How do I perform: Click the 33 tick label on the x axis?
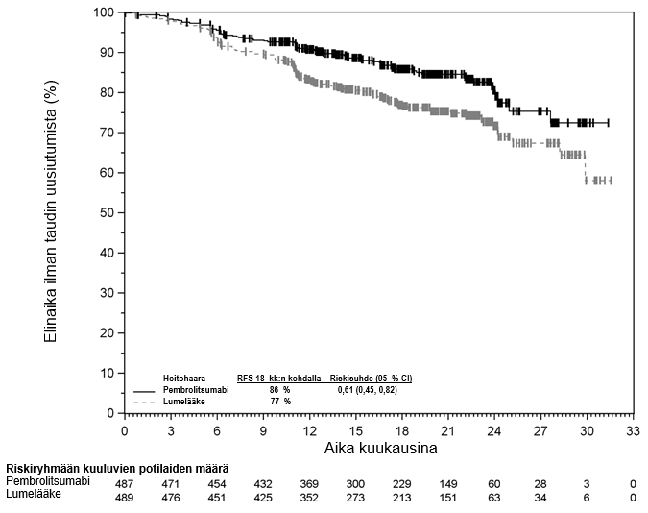click(633, 428)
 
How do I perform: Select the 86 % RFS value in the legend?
click(279, 390)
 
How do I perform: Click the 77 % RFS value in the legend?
click(279, 402)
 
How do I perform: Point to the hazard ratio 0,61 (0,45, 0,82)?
click(367, 390)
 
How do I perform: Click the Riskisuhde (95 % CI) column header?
click(371, 378)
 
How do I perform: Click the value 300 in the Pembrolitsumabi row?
click(356, 482)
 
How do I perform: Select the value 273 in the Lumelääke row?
click(356, 498)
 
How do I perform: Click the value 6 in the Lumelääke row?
click(587, 498)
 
